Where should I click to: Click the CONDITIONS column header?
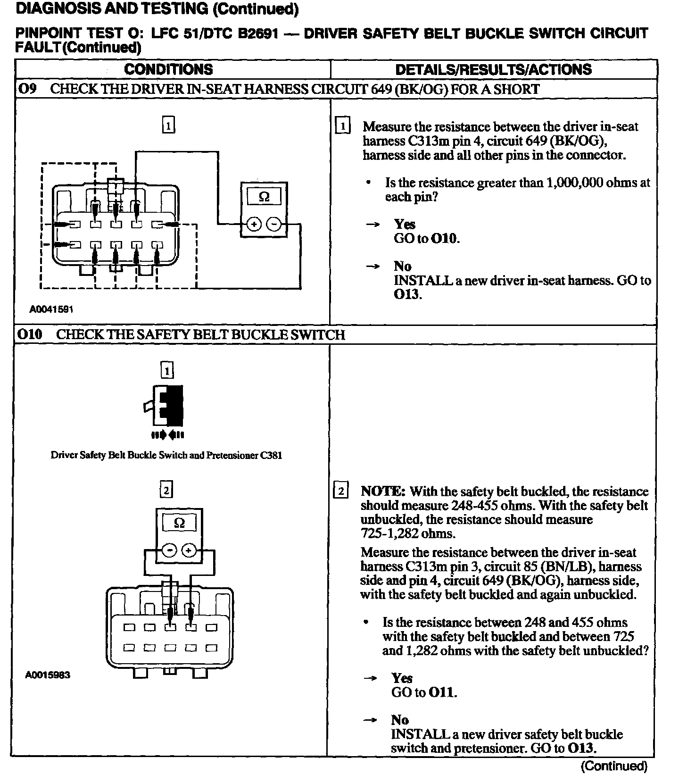(x=168, y=69)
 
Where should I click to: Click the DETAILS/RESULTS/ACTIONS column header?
(x=493, y=69)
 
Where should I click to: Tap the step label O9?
(x=27, y=89)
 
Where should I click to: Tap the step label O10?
(x=30, y=334)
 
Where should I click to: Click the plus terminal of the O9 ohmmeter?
(x=254, y=224)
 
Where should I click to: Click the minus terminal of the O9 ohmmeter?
(x=274, y=224)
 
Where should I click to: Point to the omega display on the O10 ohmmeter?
(x=180, y=523)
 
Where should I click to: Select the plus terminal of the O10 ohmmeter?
(x=189, y=550)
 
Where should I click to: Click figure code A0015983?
(x=48, y=675)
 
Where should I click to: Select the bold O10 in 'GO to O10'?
(x=444, y=238)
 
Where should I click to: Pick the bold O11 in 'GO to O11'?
(x=442, y=692)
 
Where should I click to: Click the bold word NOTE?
(x=382, y=491)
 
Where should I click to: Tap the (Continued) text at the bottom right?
(x=614, y=766)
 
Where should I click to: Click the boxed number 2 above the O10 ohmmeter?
(x=166, y=490)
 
